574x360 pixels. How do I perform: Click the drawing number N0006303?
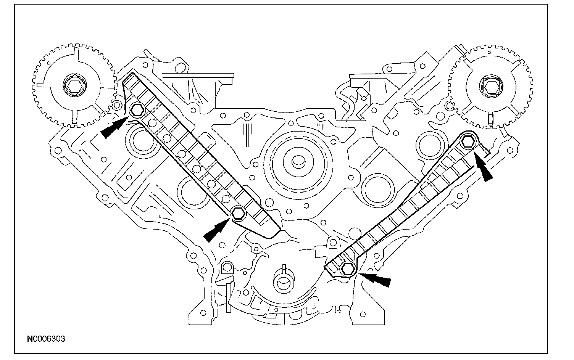46,339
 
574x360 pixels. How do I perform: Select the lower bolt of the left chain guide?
238,213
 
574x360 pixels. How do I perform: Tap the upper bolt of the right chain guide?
468,141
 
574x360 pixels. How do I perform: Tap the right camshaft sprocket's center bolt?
490,87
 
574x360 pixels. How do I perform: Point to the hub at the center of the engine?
298,162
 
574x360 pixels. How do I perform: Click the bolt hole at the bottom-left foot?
203,313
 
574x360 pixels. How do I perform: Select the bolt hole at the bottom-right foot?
363,314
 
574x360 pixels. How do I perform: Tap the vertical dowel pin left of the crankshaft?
228,298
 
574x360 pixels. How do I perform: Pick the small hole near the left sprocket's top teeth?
48,63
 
